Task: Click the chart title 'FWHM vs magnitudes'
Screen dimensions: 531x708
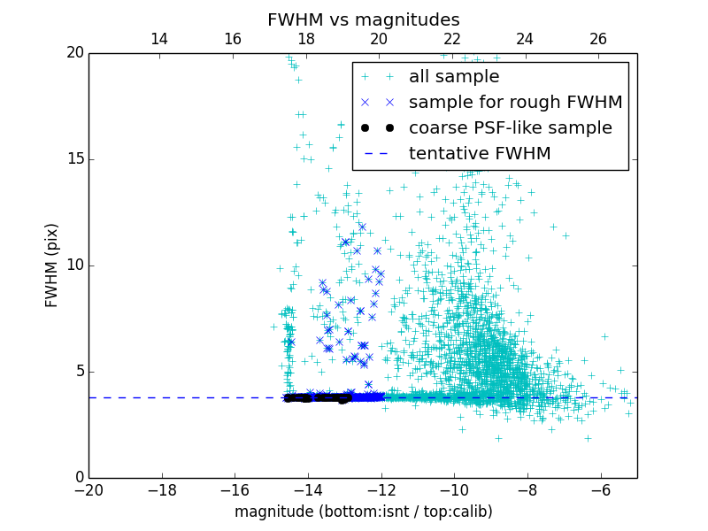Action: point(363,19)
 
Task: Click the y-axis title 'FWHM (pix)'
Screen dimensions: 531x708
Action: point(52,265)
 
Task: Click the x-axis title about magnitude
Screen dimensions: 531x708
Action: point(363,512)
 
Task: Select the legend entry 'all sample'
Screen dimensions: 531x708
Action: point(454,77)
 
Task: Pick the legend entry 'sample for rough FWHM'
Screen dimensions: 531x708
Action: point(515,103)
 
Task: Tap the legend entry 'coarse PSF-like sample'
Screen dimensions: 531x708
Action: point(510,128)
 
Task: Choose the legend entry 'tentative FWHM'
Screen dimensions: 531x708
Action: point(479,154)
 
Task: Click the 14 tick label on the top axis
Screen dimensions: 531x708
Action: point(159,39)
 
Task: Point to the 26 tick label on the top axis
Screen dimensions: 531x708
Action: point(598,39)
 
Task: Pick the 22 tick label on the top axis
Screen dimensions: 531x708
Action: point(452,39)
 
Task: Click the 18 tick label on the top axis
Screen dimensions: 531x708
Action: point(305,39)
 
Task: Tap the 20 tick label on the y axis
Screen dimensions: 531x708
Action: point(73,53)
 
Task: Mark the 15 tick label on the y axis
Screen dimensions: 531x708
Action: point(73,159)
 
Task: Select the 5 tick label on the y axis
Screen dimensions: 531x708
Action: point(78,372)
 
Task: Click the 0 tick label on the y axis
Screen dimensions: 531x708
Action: point(78,478)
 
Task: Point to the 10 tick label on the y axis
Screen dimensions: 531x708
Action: point(73,265)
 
